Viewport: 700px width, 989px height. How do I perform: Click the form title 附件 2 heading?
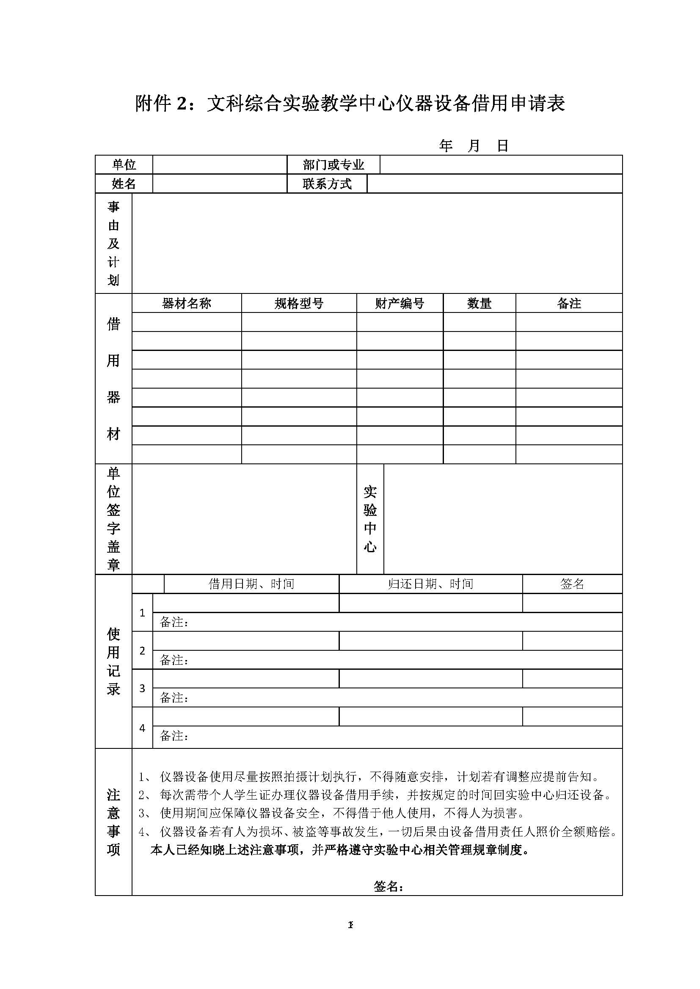click(x=350, y=104)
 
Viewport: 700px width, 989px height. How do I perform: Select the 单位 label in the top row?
click(x=124, y=164)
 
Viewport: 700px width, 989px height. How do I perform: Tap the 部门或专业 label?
click(x=333, y=164)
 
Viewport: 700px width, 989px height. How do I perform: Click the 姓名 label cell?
click(x=124, y=184)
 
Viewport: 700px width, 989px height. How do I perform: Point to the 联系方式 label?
click(x=327, y=184)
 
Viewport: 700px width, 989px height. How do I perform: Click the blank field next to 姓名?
click(x=219, y=184)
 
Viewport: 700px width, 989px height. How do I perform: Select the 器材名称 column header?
click(x=186, y=304)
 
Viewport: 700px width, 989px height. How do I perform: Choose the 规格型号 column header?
click(x=299, y=304)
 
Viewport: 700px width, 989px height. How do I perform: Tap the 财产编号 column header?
click(x=400, y=304)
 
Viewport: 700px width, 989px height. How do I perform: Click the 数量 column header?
click(x=480, y=304)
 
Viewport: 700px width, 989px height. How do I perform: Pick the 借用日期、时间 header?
click(x=251, y=584)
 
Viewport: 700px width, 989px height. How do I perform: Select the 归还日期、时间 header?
click(x=430, y=584)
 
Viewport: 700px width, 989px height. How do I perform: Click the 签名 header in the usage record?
click(x=572, y=584)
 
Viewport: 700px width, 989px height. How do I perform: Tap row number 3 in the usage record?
click(x=142, y=688)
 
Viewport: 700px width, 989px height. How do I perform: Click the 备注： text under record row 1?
click(x=174, y=622)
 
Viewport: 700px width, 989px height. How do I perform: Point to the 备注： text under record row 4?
click(x=174, y=736)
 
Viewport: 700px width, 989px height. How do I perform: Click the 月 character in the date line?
click(x=474, y=146)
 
